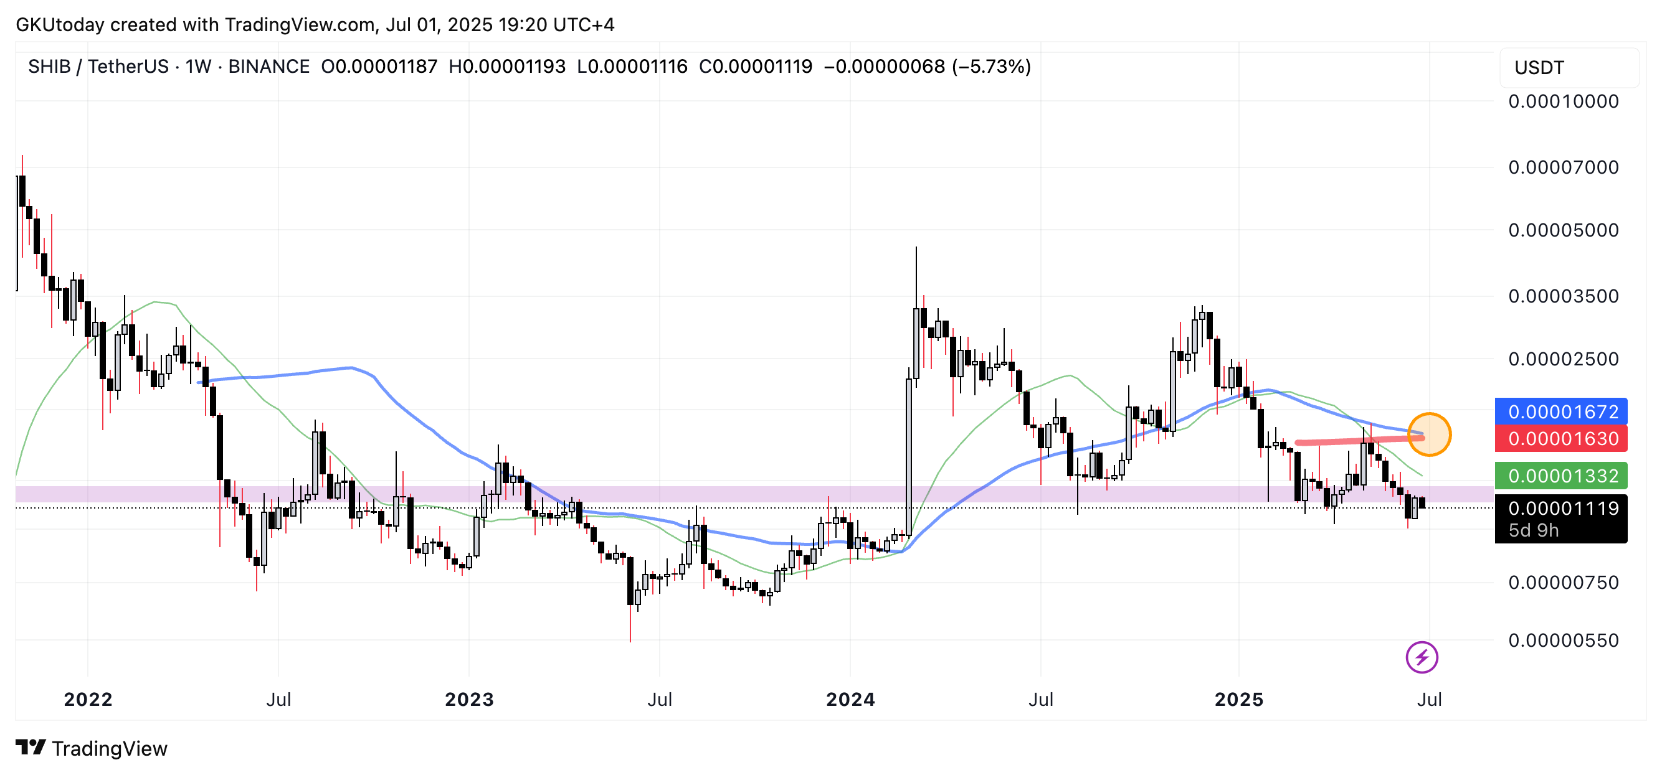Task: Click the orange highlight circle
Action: click(x=1429, y=434)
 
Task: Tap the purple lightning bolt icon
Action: click(x=1422, y=657)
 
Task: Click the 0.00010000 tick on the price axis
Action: click(x=1562, y=101)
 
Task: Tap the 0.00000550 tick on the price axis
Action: click(x=1562, y=641)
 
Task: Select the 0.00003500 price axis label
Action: click(x=1562, y=296)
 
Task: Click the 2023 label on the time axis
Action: click(x=469, y=700)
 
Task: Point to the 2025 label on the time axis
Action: click(x=1239, y=700)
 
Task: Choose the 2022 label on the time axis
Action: click(x=88, y=700)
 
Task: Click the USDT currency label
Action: click(x=1539, y=68)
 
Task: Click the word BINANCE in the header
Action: click(x=268, y=67)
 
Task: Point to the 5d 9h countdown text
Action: click(x=1533, y=530)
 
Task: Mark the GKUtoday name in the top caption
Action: click(x=59, y=24)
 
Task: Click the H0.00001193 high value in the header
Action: click(x=506, y=67)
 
